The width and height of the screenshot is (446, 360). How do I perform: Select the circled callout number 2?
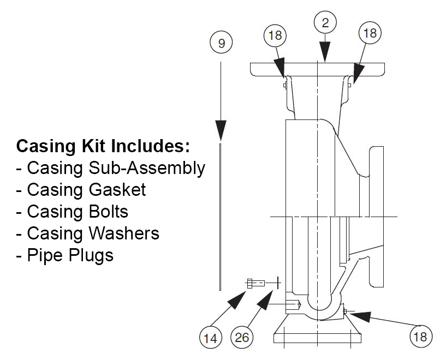coord(325,22)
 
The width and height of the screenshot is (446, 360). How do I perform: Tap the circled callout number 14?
coord(210,337)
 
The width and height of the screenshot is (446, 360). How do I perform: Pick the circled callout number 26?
coord(242,337)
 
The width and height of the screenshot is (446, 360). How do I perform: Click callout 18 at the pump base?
coord(420,337)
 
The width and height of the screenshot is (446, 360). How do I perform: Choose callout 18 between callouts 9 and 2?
coord(276,35)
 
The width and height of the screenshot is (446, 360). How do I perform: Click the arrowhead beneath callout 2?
coord(325,53)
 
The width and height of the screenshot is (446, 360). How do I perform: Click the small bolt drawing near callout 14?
coord(256,283)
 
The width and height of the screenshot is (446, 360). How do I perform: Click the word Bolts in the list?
coord(109,211)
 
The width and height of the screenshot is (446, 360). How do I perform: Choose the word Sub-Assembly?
coord(147,167)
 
